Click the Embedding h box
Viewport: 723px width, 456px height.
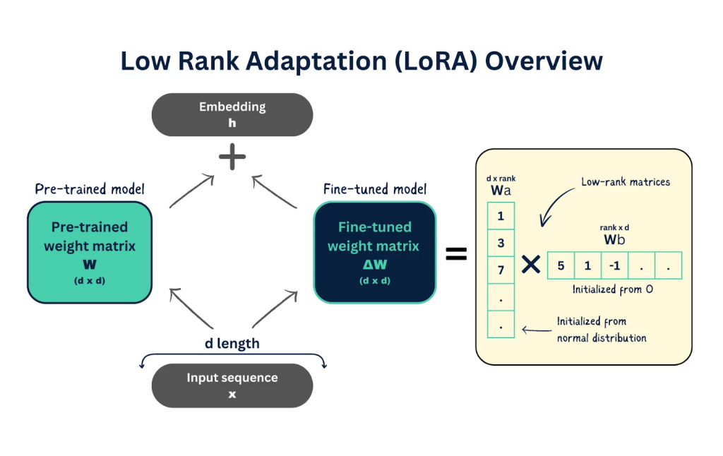[232, 114]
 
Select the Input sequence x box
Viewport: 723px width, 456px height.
[232, 385]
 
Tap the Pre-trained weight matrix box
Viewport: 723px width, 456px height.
[90, 252]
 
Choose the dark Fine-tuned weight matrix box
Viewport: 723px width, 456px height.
[374, 252]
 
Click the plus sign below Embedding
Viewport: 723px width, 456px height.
[232, 157]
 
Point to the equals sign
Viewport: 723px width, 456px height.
[456, 254]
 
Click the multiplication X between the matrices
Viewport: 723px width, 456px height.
[530, 265]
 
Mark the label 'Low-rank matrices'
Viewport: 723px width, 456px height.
[626, 182]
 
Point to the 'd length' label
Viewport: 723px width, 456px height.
[232, 344]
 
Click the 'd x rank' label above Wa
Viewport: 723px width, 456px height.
[501, 179]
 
